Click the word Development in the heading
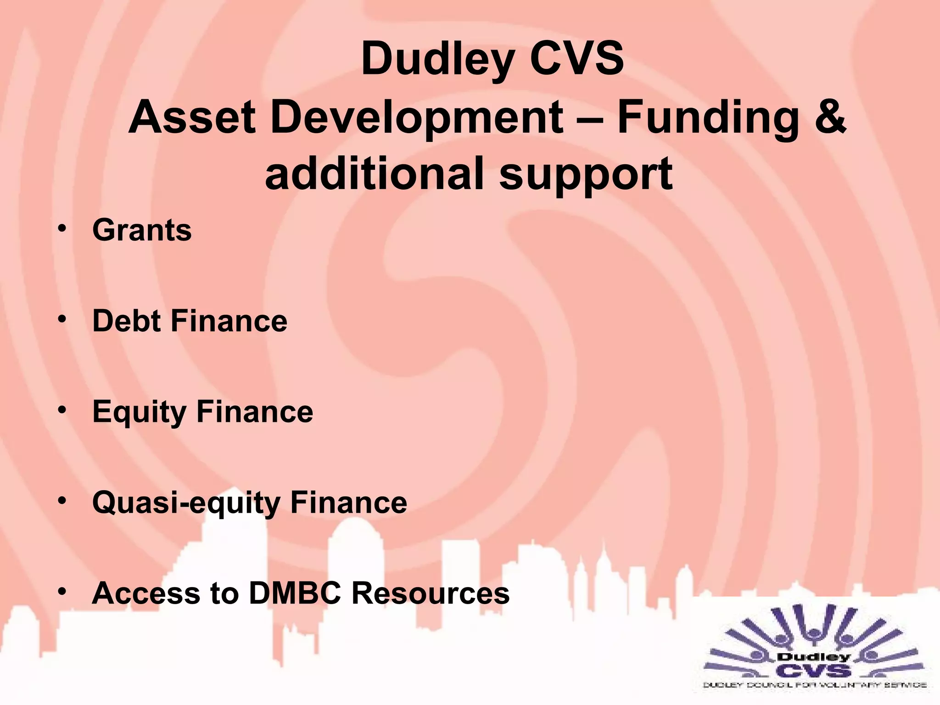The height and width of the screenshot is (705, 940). pyautogui.click(x=417, y=118)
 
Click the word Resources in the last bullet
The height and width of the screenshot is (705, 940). pyautogui.click(x=430, y=593)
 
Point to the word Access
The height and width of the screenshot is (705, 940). pyautogui.click(x=146, y=593)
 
